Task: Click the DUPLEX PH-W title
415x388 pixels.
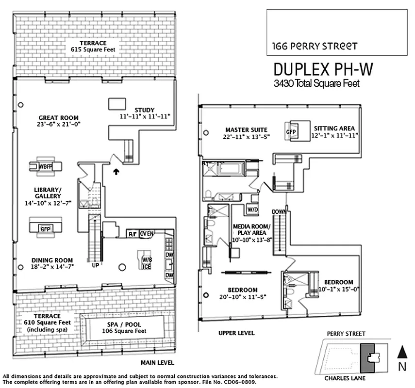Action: (324, 69)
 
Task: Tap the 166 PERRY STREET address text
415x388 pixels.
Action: (315, 47)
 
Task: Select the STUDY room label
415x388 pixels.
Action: (146, 109)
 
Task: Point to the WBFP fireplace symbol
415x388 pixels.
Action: (45, 166)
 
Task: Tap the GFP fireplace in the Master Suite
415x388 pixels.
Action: (291, 131)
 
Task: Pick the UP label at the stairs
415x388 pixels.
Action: (95, 265)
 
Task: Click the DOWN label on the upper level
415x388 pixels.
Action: (279, 211)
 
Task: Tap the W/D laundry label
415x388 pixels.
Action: (252, 210)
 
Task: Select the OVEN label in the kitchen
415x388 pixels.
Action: (147, 234)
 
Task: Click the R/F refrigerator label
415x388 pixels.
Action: (132, 234)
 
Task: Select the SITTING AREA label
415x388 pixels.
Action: (334, 129)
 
